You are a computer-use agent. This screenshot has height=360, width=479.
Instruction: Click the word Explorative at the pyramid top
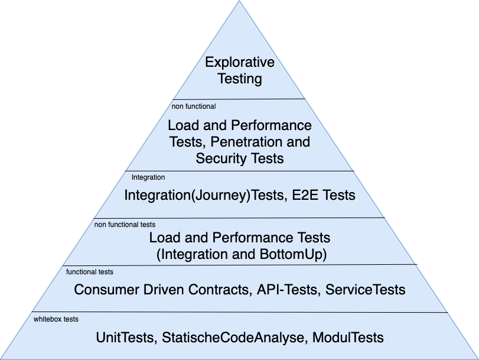pos(239,63)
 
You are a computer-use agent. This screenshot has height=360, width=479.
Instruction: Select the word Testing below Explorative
pos(239,78)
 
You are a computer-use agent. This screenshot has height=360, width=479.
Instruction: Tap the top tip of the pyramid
pos(240,2)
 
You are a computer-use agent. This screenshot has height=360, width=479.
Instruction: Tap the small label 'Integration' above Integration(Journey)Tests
pos(148,177)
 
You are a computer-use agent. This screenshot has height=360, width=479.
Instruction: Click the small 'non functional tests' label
pos(125,225)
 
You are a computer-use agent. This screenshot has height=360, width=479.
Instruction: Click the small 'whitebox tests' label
pos(56,319)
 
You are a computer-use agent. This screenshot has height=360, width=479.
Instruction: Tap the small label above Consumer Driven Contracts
pos(90,272)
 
